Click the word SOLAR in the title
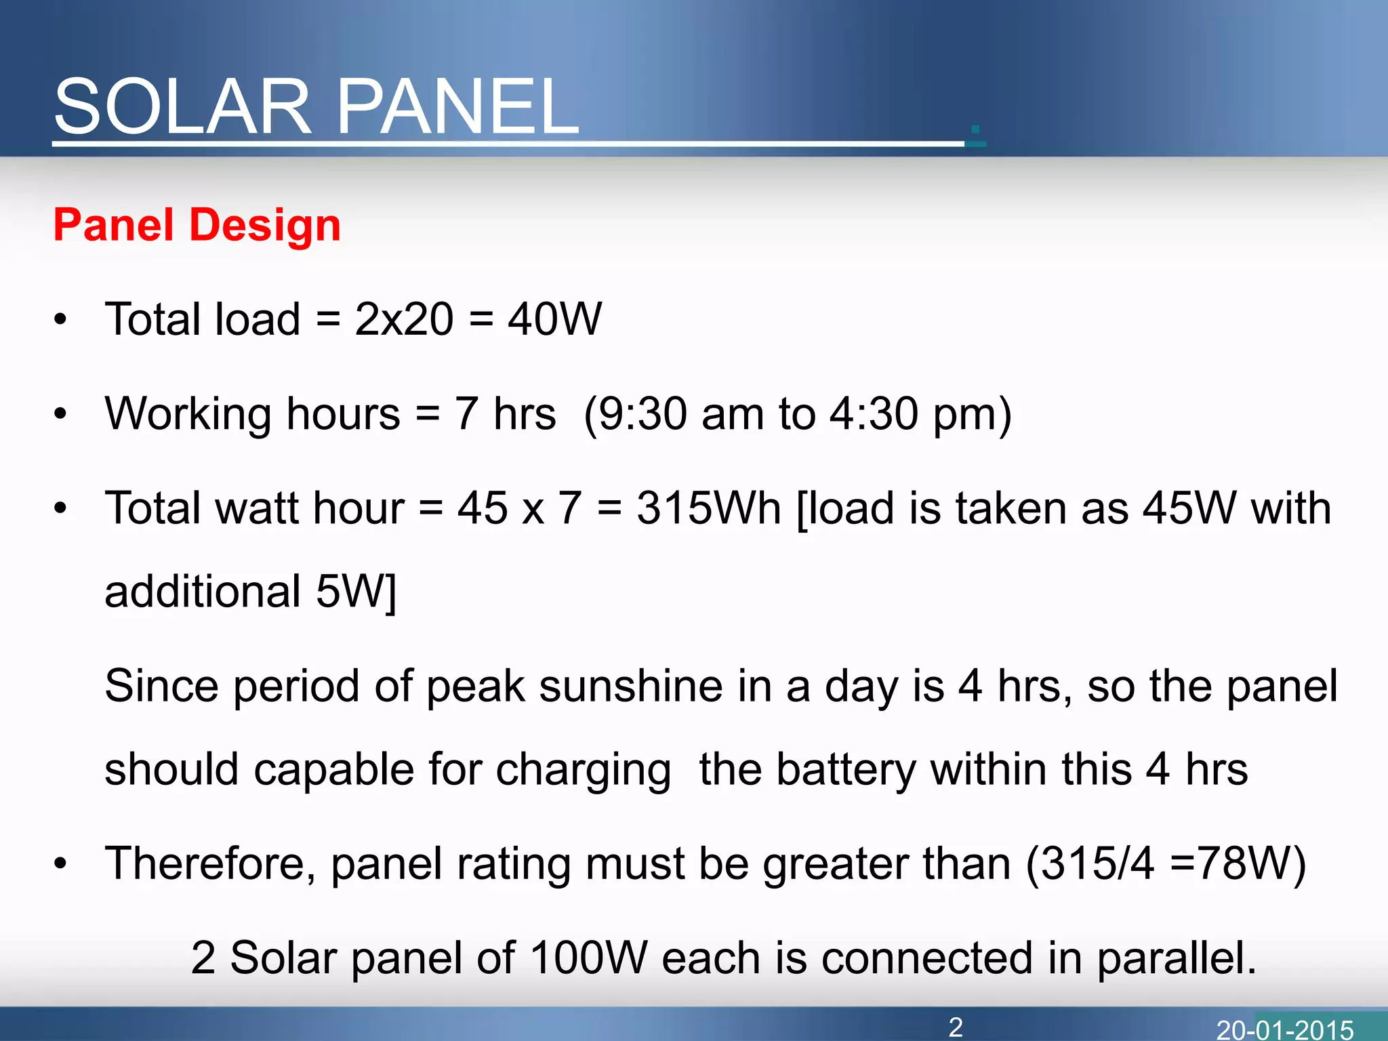pyautogui.click(x=182, y=107)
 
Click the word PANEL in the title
pyautogui.click(x=457, y=107)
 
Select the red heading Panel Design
pyautogui.click(x=197, y=225)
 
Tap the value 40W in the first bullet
pyautogui.click(x=554, y=319)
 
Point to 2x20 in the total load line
pyautogui.click(x=404, y=319)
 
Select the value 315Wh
pyautogui.click(x=709, y=508)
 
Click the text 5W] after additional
pyautogui.click(x=356, y=592)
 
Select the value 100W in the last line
pyautogui.click(x=588, y=958)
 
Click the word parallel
pyautogui.click(x=1176, y=958)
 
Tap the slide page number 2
pyautogui.click(x=956, y=1027)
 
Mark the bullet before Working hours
pyautogui.click(x=61, y=413)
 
